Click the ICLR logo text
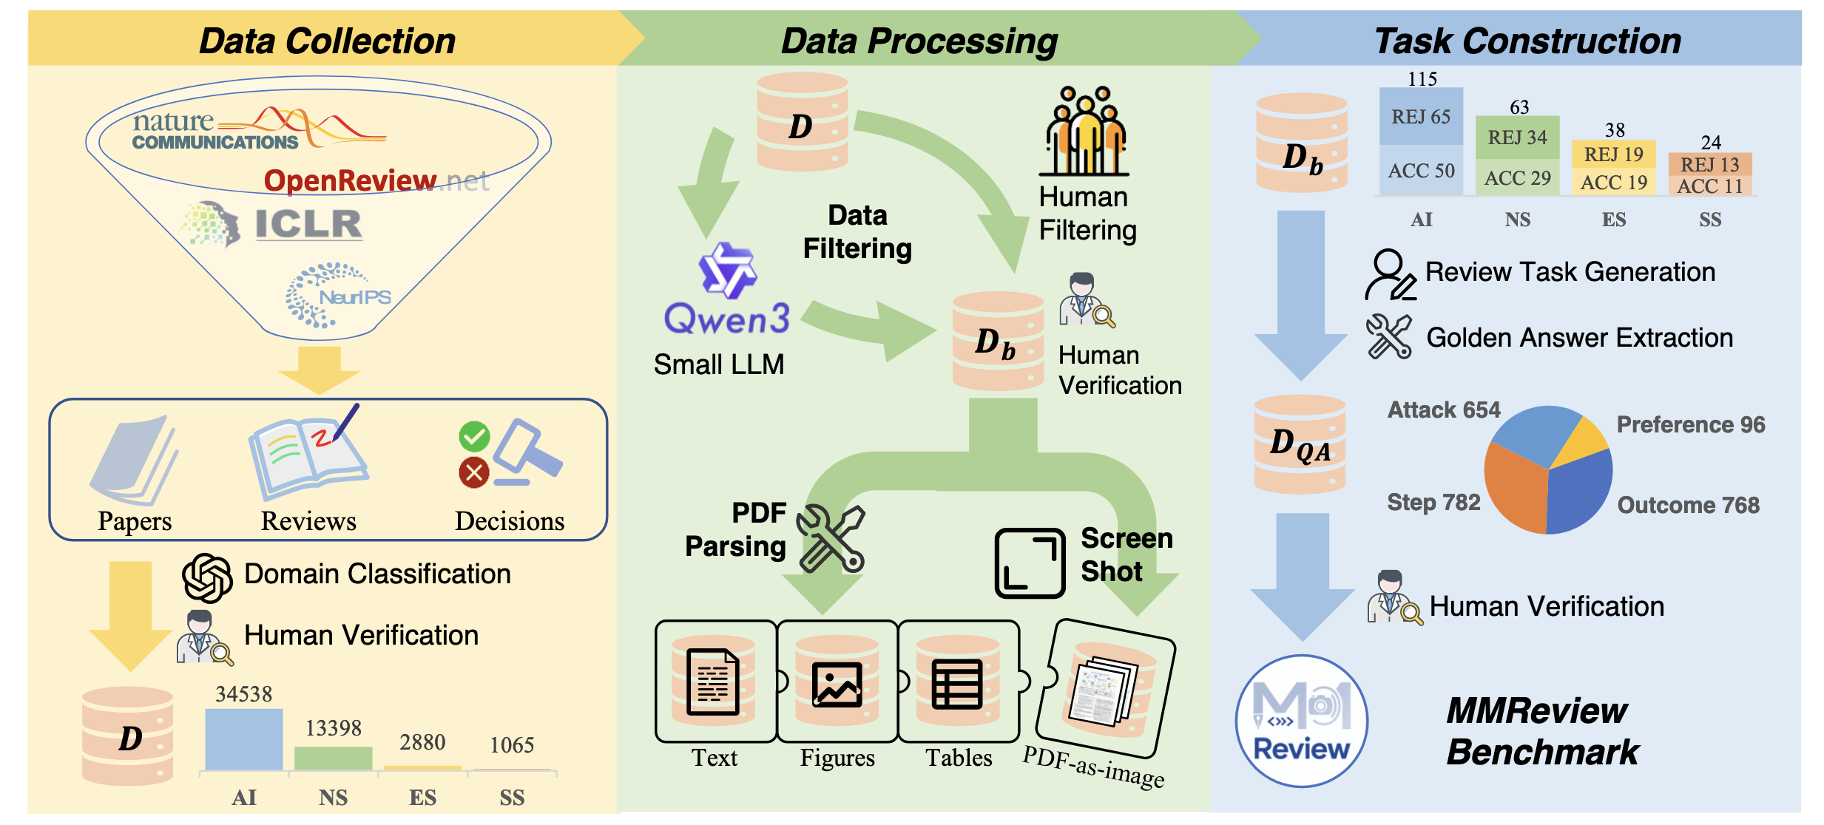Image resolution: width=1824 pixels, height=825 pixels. [x=308, y=223]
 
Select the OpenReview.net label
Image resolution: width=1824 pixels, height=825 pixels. [x=376, y=180]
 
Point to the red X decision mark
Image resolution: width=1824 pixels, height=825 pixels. [x=474, y=472]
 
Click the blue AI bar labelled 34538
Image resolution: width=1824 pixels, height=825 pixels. [x=243, y=739]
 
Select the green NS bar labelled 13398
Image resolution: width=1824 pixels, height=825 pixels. [x=333, y=758]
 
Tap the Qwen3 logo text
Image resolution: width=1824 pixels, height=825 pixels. [x=726, y=319]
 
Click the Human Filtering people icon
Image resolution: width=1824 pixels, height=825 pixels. [x=1084, y=132]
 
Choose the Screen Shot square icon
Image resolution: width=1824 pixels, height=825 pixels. [x=1030, y=563]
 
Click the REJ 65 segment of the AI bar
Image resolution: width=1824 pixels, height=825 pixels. [x=1421, y=117]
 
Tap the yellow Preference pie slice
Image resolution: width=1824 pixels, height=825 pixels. [x=1586, y=442]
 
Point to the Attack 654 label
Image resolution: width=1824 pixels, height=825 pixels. [x=1443, y=410]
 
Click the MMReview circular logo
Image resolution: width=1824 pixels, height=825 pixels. [x=1301, y=721]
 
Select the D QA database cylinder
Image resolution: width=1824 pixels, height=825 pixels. [x=1300, y=444]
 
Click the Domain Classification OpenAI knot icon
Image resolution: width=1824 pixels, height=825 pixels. [x=208, y=577]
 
